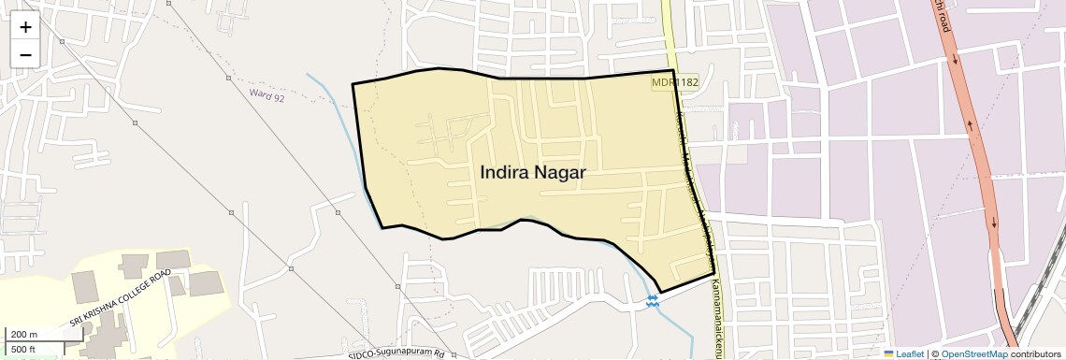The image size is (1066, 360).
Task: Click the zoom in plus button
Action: (25, 27)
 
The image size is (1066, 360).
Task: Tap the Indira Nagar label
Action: (532, 173)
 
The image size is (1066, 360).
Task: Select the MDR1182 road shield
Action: (675, 83)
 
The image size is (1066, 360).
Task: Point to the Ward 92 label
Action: (267, 95)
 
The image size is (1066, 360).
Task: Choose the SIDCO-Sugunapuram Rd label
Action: (397, 354)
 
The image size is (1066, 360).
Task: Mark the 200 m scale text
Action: (24, 335)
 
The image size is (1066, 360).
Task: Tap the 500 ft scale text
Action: (23, 350)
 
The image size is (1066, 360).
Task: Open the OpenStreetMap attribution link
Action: (974, 353)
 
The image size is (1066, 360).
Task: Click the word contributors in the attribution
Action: (1035, 353)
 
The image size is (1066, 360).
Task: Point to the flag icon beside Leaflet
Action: (888, 353)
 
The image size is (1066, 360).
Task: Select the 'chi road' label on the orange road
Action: (945, 16)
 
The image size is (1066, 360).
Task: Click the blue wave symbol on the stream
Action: (652, 300)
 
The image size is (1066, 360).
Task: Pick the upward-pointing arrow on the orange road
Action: (970, 124)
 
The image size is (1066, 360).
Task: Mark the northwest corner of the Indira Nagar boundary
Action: (353, 84)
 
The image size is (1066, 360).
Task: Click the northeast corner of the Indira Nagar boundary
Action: (673, 70)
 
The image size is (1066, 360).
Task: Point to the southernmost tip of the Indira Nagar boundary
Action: (661, 291)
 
